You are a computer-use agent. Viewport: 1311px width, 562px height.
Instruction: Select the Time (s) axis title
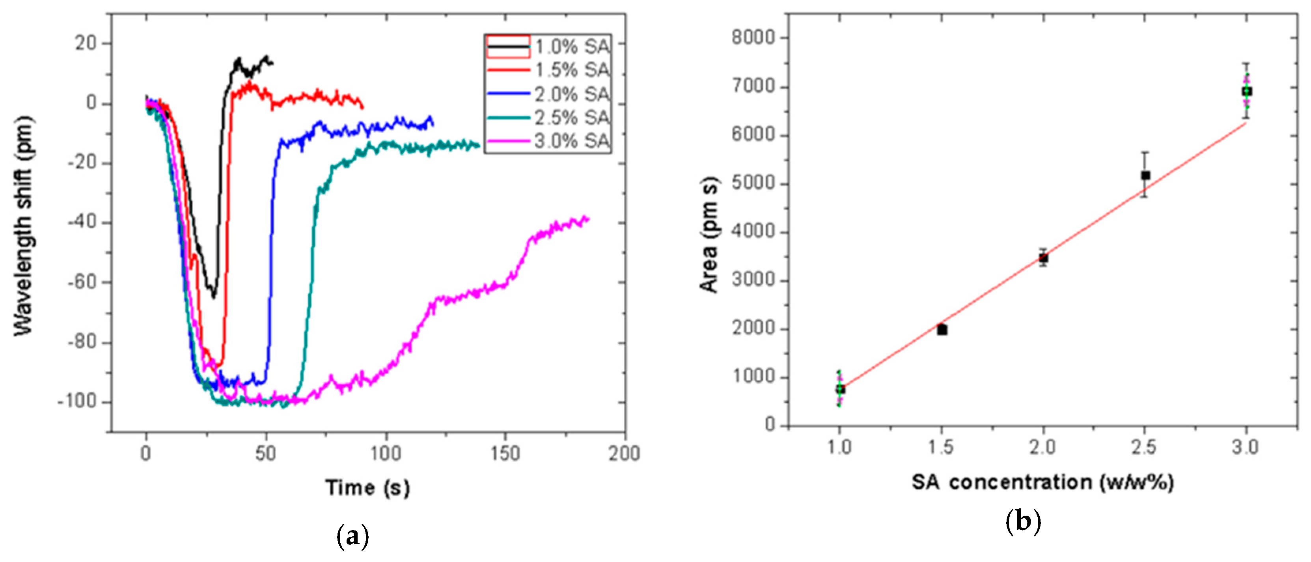[367, 488]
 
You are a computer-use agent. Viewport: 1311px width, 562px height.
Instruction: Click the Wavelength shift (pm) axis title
[23, 226]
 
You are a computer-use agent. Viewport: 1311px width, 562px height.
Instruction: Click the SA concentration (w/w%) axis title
[1042, 482]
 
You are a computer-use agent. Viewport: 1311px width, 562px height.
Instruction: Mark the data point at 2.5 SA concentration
[1146, 175]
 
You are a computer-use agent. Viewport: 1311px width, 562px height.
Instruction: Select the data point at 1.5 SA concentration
[942, 329]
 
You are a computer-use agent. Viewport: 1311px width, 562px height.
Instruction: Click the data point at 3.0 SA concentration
[1247, 91]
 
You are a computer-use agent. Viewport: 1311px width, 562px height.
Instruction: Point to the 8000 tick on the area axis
[753, 38]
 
